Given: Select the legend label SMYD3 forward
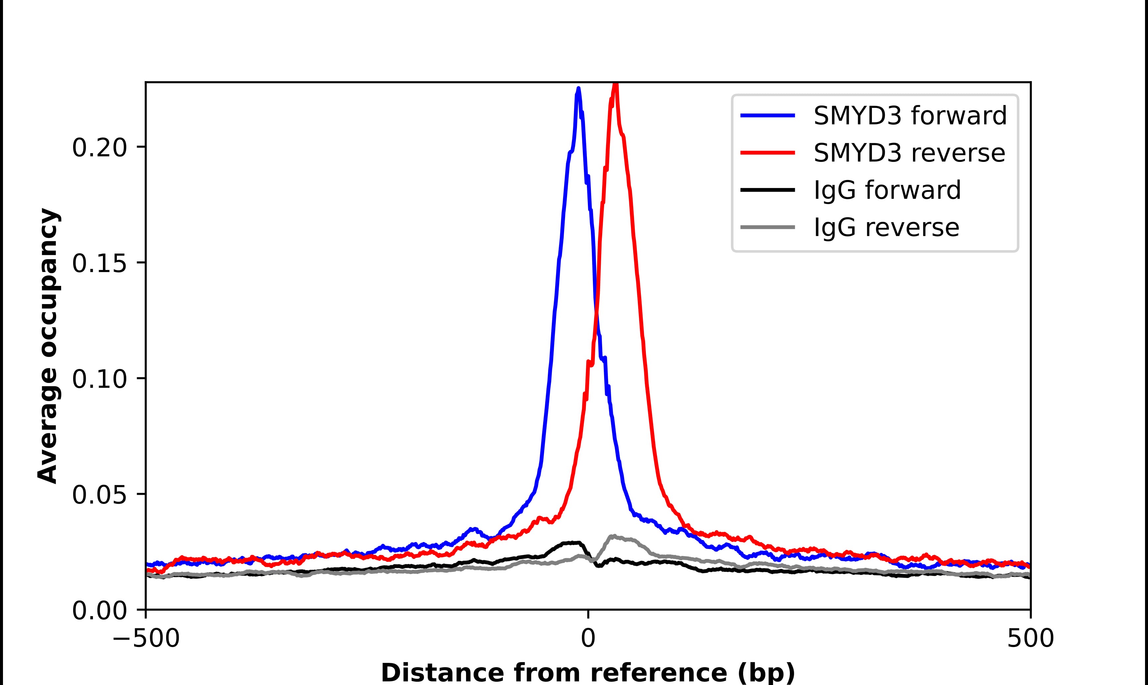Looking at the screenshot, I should click(910, 116).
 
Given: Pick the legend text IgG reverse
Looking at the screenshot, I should click(886, 228).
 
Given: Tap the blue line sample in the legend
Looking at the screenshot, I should click(768, 116).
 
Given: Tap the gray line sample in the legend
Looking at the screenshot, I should click(768, 227).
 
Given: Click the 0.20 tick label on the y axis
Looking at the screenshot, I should click(99, 149).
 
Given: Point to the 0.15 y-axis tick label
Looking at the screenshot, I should click(99, 264).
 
